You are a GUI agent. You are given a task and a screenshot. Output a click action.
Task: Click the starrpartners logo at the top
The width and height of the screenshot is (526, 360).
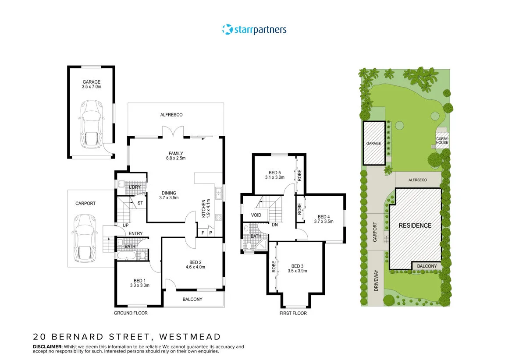click(x=254, y=30)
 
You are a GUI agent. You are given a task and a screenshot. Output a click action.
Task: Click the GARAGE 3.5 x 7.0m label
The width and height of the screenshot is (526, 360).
click(x=91, y=84)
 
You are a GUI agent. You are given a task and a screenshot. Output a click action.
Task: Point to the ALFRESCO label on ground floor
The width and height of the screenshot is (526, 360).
click(x=171, y=115)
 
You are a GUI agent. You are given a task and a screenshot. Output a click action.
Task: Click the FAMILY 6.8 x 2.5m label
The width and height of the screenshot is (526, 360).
click(x=175, y=155)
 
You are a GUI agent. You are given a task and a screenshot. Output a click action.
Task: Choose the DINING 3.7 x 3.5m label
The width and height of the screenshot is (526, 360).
click(x=169, y=195)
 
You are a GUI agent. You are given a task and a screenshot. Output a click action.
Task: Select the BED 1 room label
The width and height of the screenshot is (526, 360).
click(x=140, y=283)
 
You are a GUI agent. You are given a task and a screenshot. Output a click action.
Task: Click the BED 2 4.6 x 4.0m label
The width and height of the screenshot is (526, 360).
click(x=195, y=264)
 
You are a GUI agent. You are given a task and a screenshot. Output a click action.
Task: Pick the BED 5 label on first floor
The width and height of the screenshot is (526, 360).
click(x=275, y=175)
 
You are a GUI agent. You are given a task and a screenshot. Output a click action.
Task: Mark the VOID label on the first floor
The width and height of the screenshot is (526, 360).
click(x=256, y=215)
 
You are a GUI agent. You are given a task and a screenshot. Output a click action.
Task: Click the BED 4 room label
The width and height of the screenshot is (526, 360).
click(x=323, y=219)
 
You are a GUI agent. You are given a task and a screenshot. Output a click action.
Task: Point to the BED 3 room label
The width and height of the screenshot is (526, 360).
click(x=297, y=268)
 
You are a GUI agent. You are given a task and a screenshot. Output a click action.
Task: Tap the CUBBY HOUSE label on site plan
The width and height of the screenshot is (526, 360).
click(x=442, y=141)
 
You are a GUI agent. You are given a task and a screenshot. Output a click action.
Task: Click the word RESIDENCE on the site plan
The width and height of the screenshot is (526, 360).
click(x=415, y=226)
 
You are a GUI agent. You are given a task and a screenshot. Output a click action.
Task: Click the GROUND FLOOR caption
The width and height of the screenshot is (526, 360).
click(x=131, y=313)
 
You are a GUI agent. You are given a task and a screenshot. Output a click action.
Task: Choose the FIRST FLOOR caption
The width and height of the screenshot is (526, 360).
click(x=293, y=313)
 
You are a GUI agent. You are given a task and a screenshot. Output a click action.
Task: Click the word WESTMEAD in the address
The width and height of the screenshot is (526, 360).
click(x=190, y=337)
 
